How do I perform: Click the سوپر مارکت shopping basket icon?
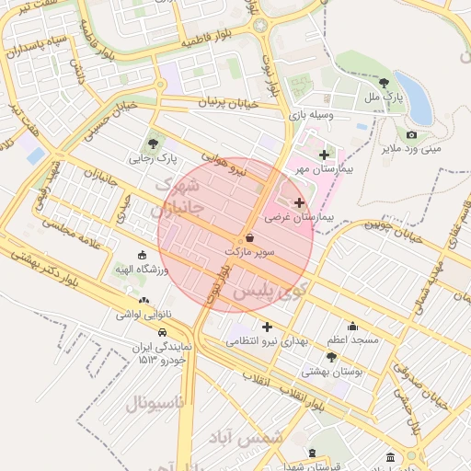249,236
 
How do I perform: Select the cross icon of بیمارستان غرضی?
299,201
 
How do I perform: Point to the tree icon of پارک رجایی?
154,143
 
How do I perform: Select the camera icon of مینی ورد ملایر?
411,134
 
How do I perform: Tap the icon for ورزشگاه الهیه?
142,255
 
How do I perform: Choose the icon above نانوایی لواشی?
143,300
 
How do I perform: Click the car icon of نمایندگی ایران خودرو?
162,332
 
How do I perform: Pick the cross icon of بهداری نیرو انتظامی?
267,327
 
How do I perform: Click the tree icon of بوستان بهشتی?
331,357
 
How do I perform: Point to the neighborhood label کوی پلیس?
267,292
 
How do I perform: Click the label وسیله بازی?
308,116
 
